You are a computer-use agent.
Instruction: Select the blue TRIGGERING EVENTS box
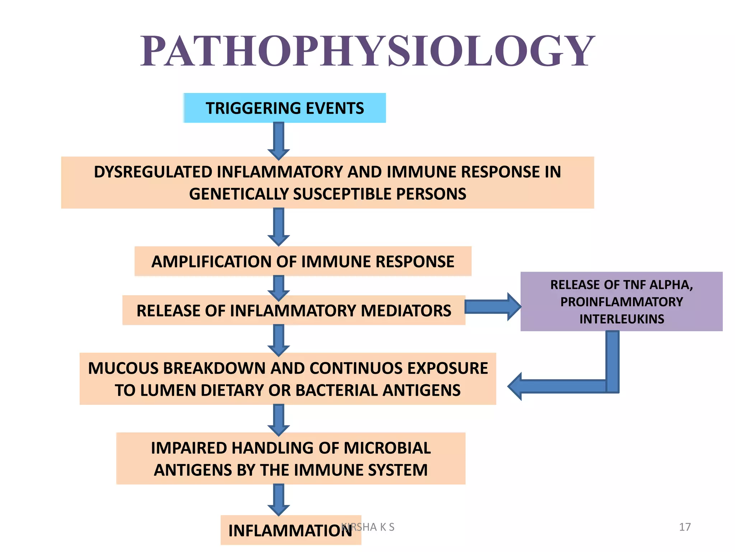(x=285, y=108)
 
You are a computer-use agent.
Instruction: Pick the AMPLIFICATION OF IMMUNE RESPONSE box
(x=303, y=261)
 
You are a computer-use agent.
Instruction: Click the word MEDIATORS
(x=406, y=310)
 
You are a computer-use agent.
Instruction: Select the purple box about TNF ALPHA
(x=621, y=301)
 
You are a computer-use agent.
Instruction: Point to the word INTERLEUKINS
(x=622, y=319)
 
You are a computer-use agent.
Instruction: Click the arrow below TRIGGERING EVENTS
(x=279, y=141)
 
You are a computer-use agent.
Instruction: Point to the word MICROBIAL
(x=387, y=448)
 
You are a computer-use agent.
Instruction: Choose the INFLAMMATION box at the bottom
(x=291, y=530)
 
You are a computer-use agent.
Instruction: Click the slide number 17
(x=685, y=527)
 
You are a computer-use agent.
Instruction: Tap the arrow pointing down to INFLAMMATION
(x=279, y=499)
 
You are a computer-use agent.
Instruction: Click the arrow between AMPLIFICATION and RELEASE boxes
(x=279, y=287)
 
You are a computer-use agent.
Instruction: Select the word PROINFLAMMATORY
(x=622, y=302)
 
